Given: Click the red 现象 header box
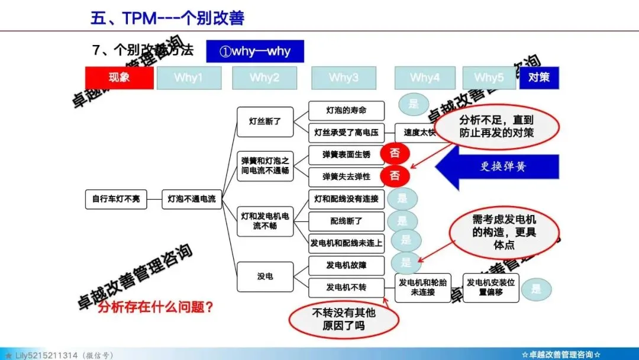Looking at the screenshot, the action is coord(120,78).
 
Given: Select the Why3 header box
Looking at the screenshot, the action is coord(344,78).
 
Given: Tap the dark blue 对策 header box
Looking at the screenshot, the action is coord(539,78).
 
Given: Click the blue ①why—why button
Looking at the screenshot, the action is coord(255,51).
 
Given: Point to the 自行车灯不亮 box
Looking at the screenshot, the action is coord(116,199).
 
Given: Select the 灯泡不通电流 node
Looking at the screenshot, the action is coord(192,199).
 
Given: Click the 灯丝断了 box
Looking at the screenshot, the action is coord(265,121).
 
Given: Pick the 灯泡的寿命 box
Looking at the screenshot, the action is coord(347,111).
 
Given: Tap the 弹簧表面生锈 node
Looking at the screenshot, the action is coord(347,155).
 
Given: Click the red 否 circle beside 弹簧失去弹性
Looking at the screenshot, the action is coord(395,176).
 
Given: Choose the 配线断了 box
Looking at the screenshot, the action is coord(347,221).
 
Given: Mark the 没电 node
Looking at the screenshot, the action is coord(265,276).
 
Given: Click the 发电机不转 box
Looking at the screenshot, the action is coord(347,288).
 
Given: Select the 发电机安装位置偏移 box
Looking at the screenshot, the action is coord(490,288).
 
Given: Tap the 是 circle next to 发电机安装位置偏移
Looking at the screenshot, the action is coord(536,289).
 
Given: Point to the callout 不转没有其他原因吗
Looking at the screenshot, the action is coord(340,319).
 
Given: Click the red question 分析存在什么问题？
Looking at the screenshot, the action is coord(156,307).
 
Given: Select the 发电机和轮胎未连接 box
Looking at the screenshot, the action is coord(423,288).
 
